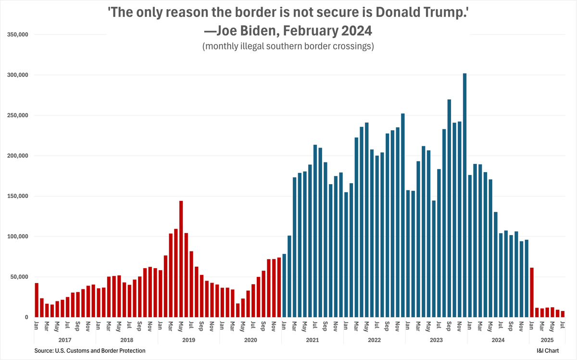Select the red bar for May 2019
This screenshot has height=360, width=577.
181,259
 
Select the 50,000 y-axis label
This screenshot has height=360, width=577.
19,277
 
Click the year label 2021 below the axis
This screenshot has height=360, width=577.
313,339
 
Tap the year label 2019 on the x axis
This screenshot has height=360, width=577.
189,339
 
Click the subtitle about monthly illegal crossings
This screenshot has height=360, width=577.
288,47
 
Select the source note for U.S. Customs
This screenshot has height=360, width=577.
90,351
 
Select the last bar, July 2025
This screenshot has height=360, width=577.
563,314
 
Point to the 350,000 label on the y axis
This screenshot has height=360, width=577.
17,35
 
